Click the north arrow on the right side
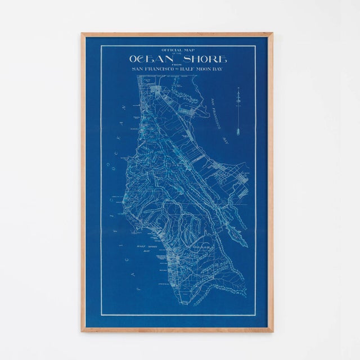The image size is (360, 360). pos(238,112)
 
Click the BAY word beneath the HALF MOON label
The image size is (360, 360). pos(147,251)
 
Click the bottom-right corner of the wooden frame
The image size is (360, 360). pos(273,331)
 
